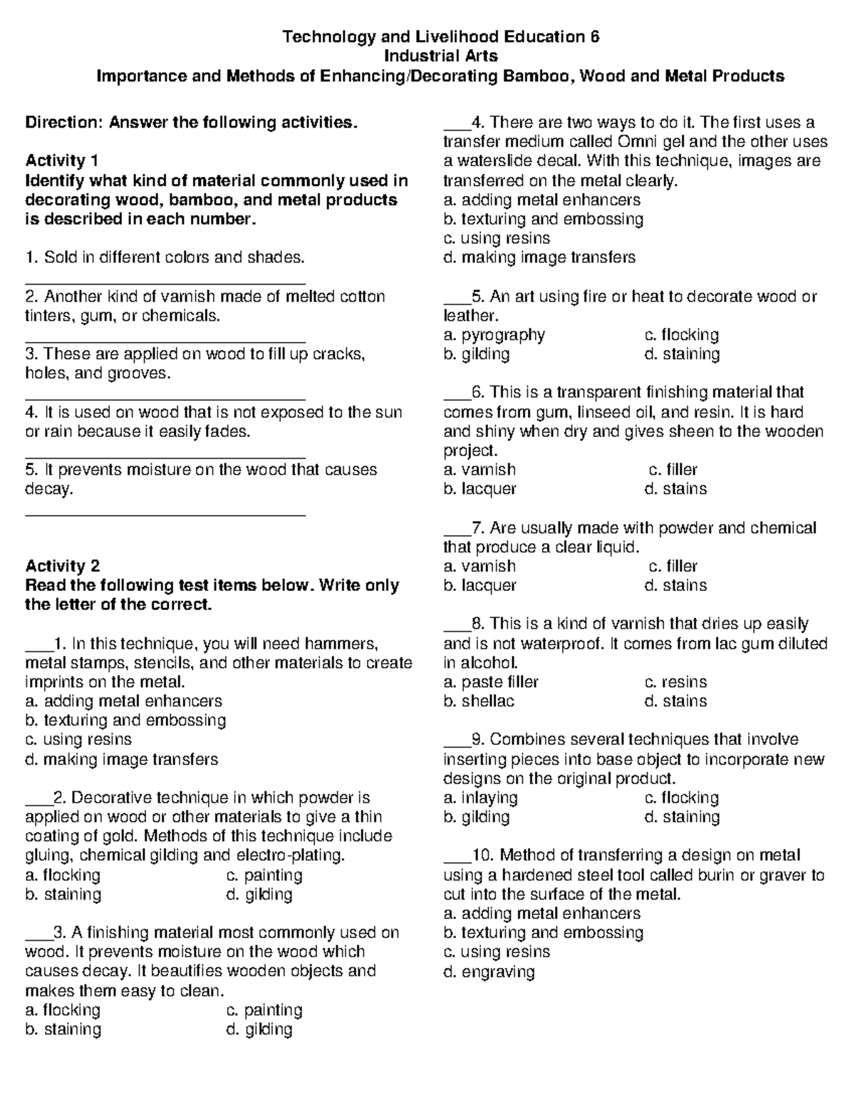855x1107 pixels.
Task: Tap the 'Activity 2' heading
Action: point(62,567)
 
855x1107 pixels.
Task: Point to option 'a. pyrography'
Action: point(494,335)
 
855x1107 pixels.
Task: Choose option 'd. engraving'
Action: point(489,972)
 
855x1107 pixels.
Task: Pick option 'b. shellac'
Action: point(478,701)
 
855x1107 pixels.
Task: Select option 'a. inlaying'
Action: point(480,798)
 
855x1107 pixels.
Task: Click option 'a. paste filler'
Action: point(491,682)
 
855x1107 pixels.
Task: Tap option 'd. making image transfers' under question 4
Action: point(539,257)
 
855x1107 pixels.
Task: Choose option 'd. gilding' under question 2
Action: point(259,895)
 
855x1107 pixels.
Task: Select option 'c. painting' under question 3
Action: point(264,1010)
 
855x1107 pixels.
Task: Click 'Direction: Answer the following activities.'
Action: point(190,123)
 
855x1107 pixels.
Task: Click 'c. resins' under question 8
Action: point(675,682)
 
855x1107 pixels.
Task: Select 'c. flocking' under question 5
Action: point(681,335)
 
